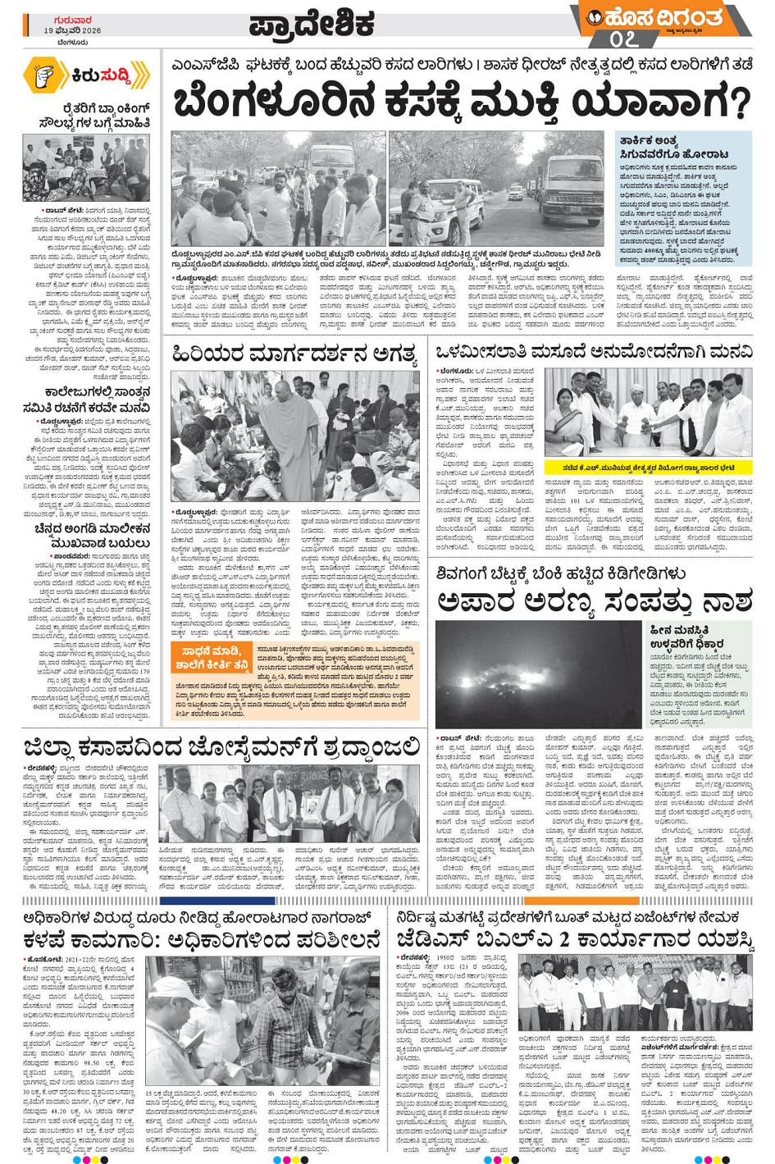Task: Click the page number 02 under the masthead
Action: click(x=623, y=38)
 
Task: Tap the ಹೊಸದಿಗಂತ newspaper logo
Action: click(x=664, y=17)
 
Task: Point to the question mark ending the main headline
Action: click(x=739, y=103)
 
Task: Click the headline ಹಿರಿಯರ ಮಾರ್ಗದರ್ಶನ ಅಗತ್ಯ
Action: click(x=294, y=354)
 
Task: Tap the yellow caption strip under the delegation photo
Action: click(x=648, y=468)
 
